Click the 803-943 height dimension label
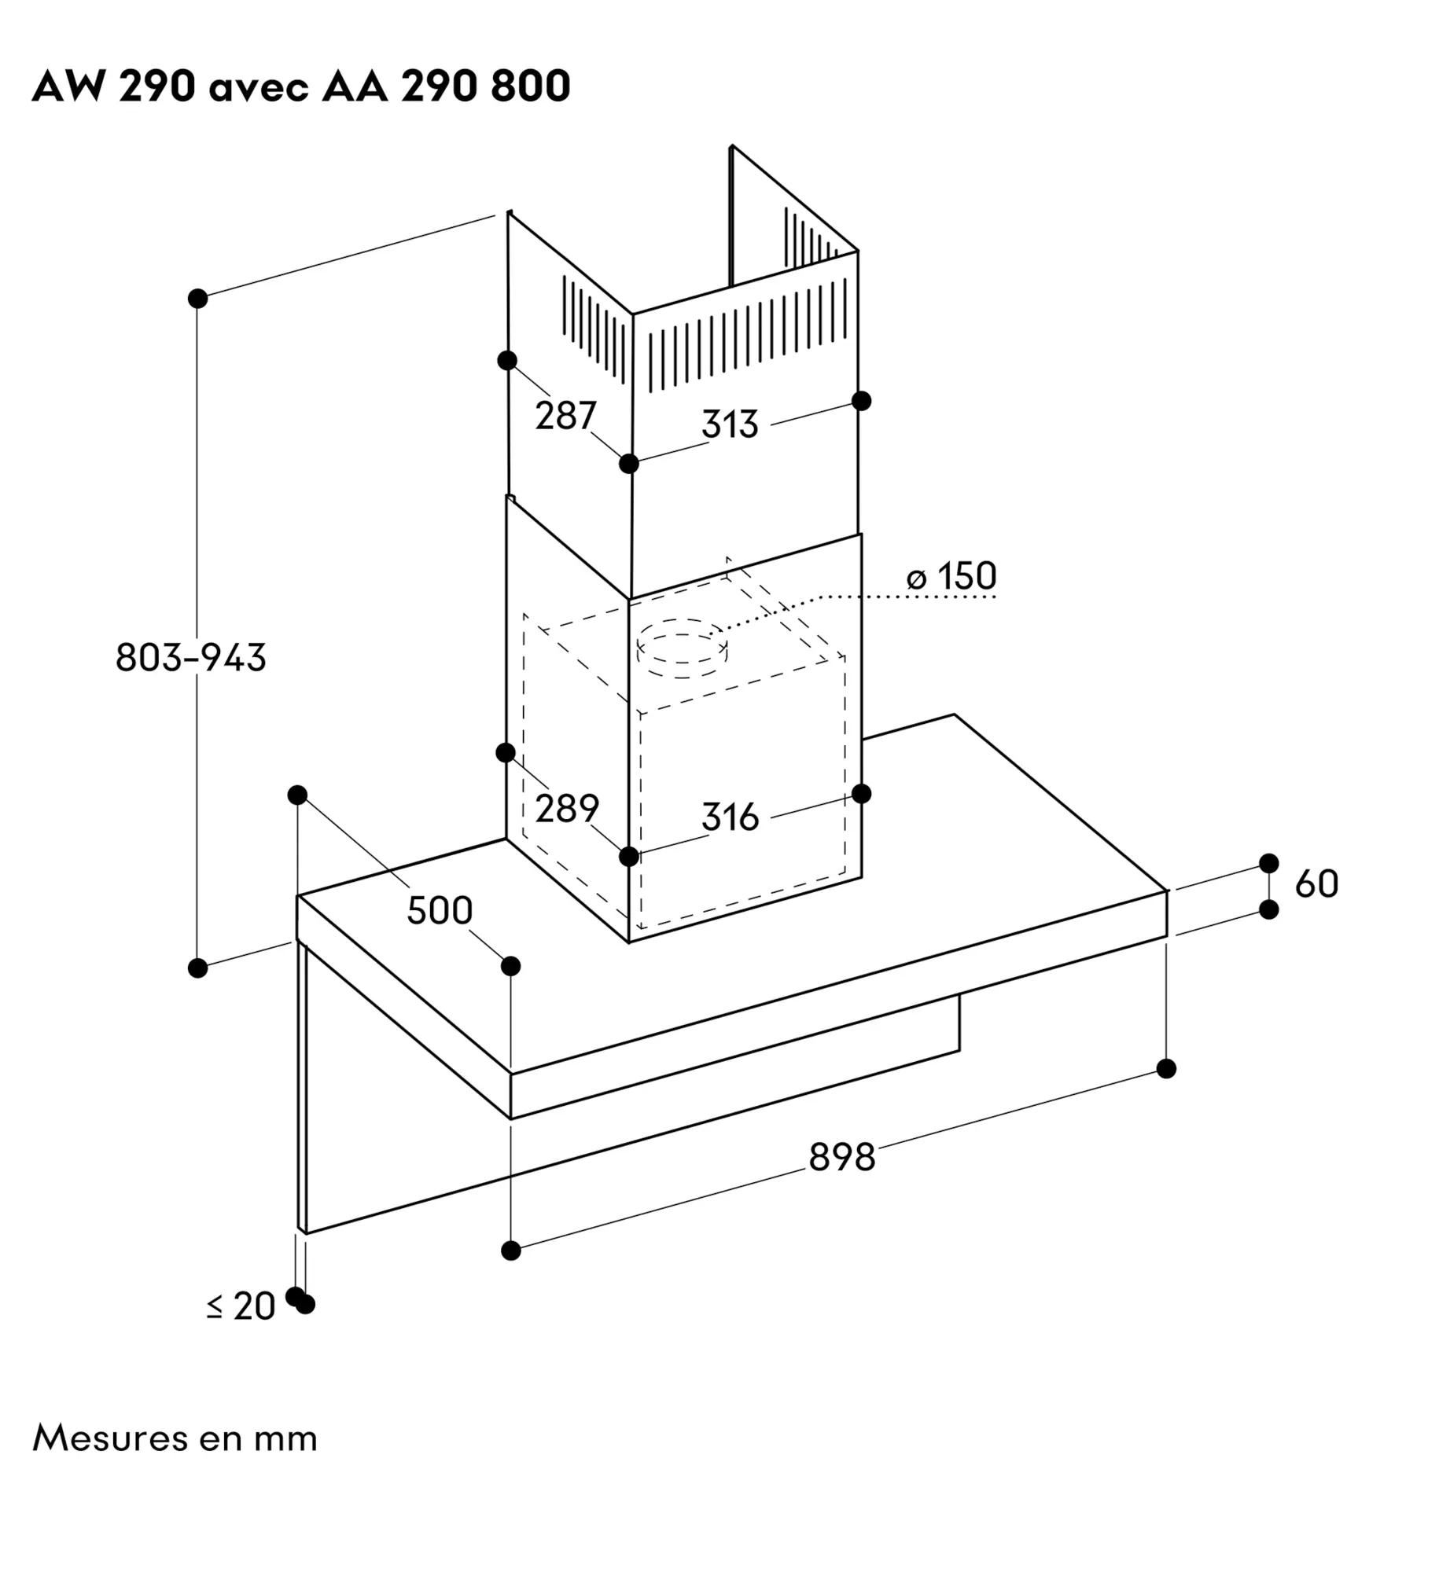pos(191,657)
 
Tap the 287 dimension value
pos(565,415)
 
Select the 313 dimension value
pos(730,424)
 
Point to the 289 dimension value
pos(567,808)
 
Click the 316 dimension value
pos(730,817)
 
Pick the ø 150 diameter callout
pos(951,576)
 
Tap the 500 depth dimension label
pos(440,910)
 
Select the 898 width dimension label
pos(841,1157)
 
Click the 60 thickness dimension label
pos(1316,884)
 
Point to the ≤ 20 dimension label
pos(241,1306)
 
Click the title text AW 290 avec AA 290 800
pos(301,86)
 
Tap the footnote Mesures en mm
pos(175,1438)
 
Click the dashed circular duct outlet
pos(682,647)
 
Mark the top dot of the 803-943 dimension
pos(198,299)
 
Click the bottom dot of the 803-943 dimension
pos(198,968)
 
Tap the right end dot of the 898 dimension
pos(1166,1069)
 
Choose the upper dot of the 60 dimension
pos(1269,863)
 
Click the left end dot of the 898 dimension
pos(511,1250)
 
